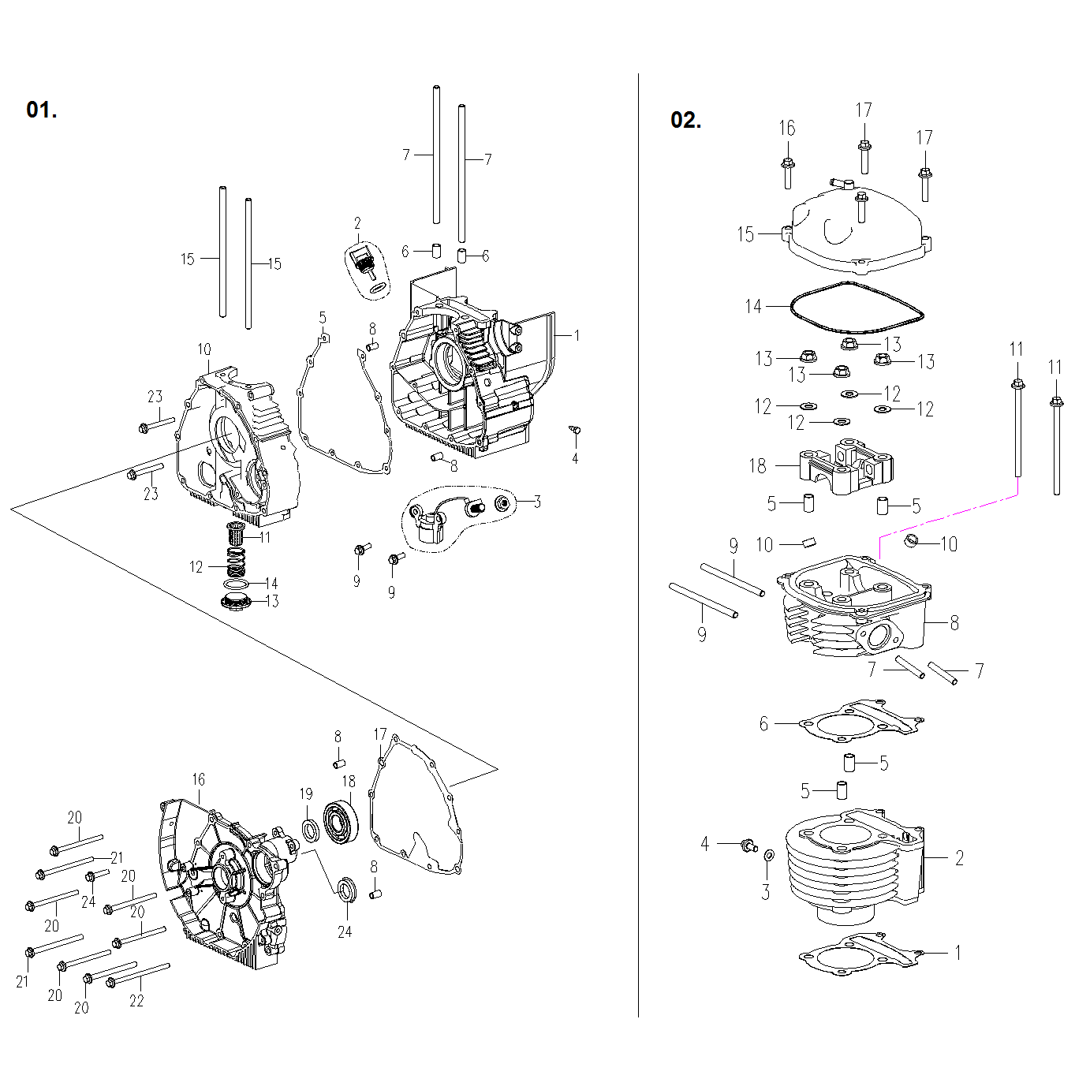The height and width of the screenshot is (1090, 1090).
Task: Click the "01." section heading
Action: click(41, 110)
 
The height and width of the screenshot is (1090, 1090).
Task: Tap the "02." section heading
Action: click(685, 120)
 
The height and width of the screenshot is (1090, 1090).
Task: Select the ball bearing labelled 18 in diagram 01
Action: click(342, 823)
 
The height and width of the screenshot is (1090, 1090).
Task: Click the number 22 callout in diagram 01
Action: click(136, 1000)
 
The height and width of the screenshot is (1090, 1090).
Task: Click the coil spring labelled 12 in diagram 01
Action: click(236, 562)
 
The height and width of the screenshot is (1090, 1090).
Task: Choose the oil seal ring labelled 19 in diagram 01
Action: click(311, 831)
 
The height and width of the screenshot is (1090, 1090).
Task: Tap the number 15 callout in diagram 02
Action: click(745, 234)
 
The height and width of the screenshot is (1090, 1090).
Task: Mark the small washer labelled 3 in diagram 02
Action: click(769, 856)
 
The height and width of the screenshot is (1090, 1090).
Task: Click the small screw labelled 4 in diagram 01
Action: click(575, 430)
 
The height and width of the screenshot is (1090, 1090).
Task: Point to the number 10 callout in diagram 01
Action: click(204, 349)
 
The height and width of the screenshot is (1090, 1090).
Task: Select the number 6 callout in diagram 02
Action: click(763, 723)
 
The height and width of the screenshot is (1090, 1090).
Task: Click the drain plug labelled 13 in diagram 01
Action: click(236, 603)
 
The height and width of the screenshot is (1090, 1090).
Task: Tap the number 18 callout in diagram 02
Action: click(757, 465)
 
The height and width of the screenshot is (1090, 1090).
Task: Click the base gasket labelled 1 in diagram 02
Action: click(860, 956)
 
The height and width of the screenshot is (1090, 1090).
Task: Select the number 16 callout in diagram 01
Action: click(198, 779)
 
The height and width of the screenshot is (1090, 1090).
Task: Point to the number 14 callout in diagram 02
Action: click(753, 306)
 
